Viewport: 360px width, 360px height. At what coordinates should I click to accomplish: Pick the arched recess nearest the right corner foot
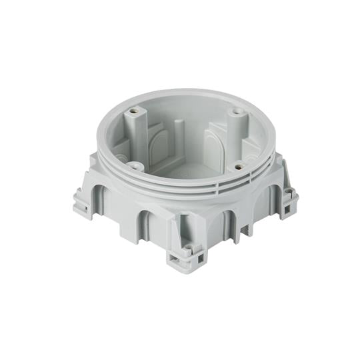pyautogui.click(x=273, y=193)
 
